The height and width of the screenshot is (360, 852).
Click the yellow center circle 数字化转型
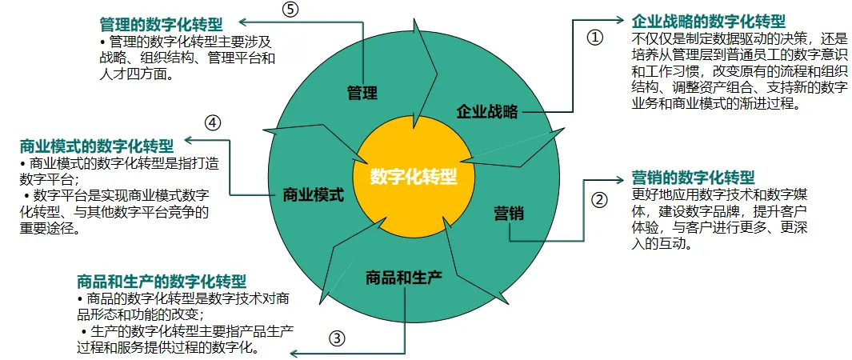pyautogui.click(x=414, y=176)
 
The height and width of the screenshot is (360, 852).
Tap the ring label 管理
pyautogui.click(x=362, y=92)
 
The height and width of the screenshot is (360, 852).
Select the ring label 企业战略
pyautogui.click(x=487, y=110)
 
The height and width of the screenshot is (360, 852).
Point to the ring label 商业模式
pyautogui.click(x=314, y=194)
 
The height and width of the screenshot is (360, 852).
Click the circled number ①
pyautogui.click(x=594, y=38)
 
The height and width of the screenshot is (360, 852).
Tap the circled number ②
pyautogui.click(x=599, y=199)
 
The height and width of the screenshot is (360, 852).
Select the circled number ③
pyautogui.click(x=337, y=338)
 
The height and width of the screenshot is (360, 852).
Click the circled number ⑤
pyautogui.click(x=290, y=10)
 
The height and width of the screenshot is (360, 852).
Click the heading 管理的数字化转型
pyautogui.click(x=161, y=24)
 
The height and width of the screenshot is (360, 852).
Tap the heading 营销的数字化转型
pyautogui.click(x=693, y=177)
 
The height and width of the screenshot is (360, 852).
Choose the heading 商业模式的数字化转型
pyautogui.click(x=96, y=146)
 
